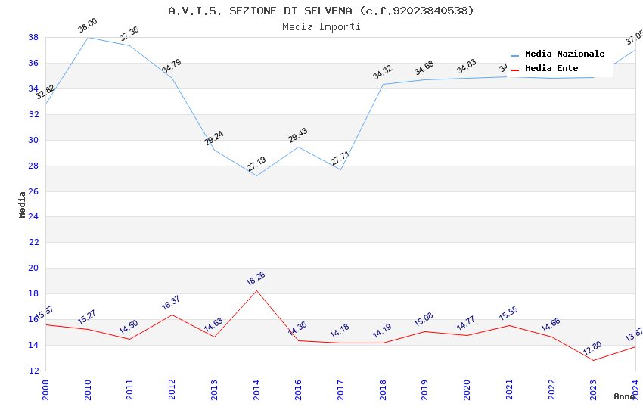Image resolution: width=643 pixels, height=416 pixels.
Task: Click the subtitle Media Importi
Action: click(x=321, y=26)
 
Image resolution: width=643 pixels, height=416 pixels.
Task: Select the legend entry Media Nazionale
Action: click(x=564, y=54)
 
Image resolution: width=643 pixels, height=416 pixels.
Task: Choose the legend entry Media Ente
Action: click(x=551, y=69)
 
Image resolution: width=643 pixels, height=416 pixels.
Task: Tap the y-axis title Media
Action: click(x=23, y=204)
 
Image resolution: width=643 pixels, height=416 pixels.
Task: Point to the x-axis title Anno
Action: click(x=624, y=396)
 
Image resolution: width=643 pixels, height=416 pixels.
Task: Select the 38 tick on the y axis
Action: click(x=34, y=37)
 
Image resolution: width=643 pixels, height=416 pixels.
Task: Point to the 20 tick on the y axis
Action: click(x=34, y=269)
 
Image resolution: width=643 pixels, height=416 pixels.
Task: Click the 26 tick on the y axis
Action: click(x=34, y=191)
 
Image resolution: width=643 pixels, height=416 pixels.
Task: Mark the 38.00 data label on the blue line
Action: click(x=88, y=26)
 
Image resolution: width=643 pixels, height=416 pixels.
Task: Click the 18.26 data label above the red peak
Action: click(x=256, y=279)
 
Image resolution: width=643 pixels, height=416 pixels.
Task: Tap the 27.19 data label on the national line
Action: click(x=256, y=164)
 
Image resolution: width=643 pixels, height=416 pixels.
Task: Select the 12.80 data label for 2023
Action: click(x=592, y=349)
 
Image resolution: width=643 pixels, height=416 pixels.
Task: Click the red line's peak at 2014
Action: click(x=256, y=290)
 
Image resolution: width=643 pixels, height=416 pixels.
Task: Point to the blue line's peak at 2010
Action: click(x=88, y=37)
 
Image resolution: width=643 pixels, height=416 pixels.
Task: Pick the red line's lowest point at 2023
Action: click(x=593, y=360)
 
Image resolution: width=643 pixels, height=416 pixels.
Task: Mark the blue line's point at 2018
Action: click(x=383, y=84)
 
